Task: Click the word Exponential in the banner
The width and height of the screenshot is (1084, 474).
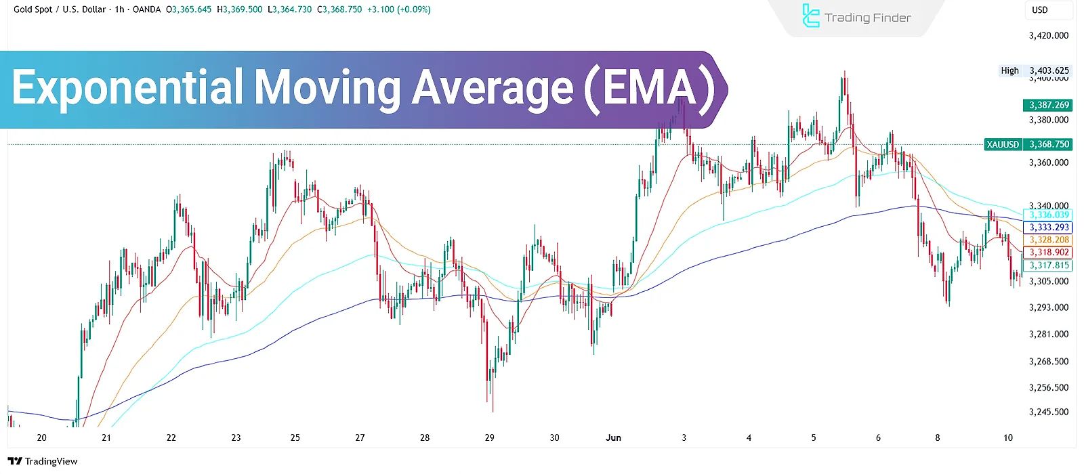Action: click(127, 89)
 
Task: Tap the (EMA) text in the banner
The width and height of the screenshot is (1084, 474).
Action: click(649, 89)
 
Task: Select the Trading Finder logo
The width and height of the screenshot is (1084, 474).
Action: click(856, 18)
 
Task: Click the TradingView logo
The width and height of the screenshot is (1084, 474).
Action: click(43, 461)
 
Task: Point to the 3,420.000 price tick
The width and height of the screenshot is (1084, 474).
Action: click(1048, 36)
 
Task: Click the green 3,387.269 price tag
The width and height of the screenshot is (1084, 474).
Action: click(1048, 105)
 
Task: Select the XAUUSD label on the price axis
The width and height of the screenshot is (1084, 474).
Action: click(1003, 144)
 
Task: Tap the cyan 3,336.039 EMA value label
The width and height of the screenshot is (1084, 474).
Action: click(1049, 215)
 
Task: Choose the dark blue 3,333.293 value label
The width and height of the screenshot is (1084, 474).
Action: click(1049, 228)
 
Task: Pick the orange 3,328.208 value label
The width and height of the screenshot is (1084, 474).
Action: click(1049, 240)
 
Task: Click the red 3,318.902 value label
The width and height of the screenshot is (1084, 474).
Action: click(1049, 253)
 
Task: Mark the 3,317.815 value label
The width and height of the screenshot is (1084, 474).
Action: click(1049, 265)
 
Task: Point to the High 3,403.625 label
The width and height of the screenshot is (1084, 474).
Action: click(1035, 70)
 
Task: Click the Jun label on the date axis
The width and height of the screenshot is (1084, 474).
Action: click(613, 437)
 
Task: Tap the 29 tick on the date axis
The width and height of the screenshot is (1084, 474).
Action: click(490, 437)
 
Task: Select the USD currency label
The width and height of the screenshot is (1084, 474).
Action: click(1039, 9)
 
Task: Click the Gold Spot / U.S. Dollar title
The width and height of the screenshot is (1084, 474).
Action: click(60, 9)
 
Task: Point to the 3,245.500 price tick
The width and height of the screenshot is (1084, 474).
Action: click(1048, 412)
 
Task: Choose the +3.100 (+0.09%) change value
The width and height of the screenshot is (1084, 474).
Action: click(398, 9)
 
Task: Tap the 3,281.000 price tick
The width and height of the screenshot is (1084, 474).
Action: click(1048, 334)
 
